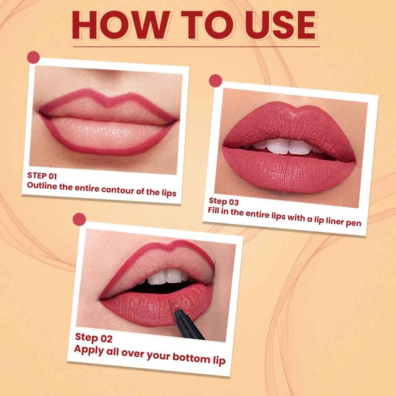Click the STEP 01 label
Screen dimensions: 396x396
coord(42,175)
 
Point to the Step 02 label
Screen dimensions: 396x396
coord(94,337)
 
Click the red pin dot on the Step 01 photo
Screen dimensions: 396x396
coord(33,57)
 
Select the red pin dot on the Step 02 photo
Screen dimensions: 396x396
coord(79,219)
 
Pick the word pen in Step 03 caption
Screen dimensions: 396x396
coord(353,222)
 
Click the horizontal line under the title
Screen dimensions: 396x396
coord(196,46)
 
